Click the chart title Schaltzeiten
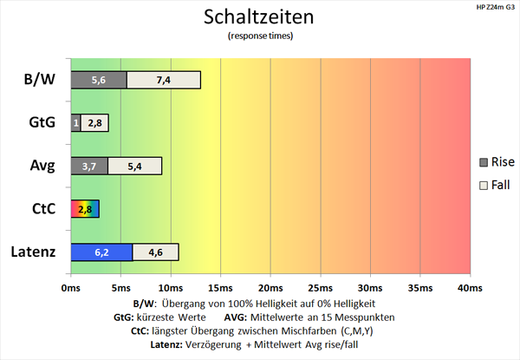[259, 17]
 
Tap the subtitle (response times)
[259, 36]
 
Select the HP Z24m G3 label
[492, 7]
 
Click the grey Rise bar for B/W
[98, 80]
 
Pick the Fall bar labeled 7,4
[163, 80]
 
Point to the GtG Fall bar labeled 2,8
[94, 123]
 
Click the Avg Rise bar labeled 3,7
[88, 166]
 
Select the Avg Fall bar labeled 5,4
[134, 166]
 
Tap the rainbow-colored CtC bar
[85, 209]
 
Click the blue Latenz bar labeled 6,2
[101, 252]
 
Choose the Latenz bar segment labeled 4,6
[155, 252]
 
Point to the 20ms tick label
[270, 287]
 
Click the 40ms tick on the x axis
[469, 287]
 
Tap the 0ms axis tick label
[71, 287]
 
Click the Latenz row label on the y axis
[32, 252]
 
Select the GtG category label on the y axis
[39, 123]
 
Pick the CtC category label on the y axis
[40, 209]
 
